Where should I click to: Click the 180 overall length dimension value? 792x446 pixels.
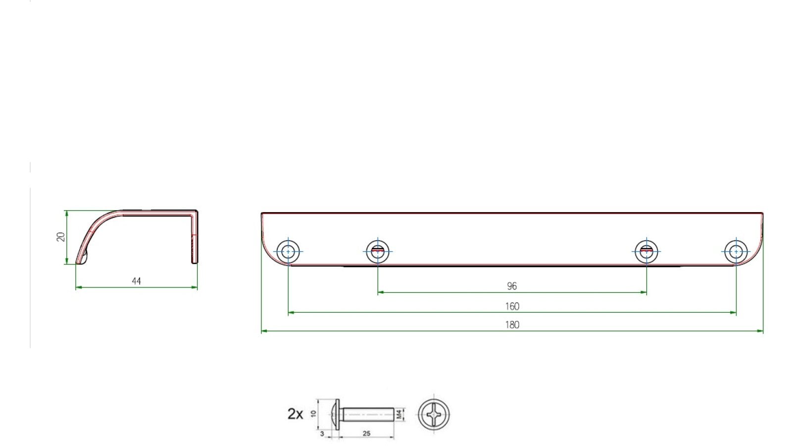point(512,325)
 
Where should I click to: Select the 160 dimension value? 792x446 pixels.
point(512,307)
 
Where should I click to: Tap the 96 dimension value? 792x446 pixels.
point(512,286)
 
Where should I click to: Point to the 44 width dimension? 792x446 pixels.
point(137,281)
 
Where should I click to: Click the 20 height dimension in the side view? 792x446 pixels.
point(61,237)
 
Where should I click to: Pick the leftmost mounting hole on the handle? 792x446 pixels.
point(288,251)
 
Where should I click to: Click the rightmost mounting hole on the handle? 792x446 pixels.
point(736,251)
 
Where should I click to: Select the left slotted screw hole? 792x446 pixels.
point(378,251)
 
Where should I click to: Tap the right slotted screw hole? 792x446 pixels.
point(646,251)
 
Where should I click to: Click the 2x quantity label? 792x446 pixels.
point(295,414)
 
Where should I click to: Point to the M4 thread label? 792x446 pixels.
point(399,414)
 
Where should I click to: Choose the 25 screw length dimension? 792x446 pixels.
point(366,434)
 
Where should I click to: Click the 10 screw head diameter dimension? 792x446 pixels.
point(313,413)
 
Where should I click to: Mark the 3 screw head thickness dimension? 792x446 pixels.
point(322,434)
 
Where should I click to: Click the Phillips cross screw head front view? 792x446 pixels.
point(434,414)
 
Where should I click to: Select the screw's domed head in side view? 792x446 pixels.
point(336,414)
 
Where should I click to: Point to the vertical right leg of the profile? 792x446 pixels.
point(195,238)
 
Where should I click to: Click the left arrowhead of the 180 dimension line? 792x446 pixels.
point(263,331)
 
